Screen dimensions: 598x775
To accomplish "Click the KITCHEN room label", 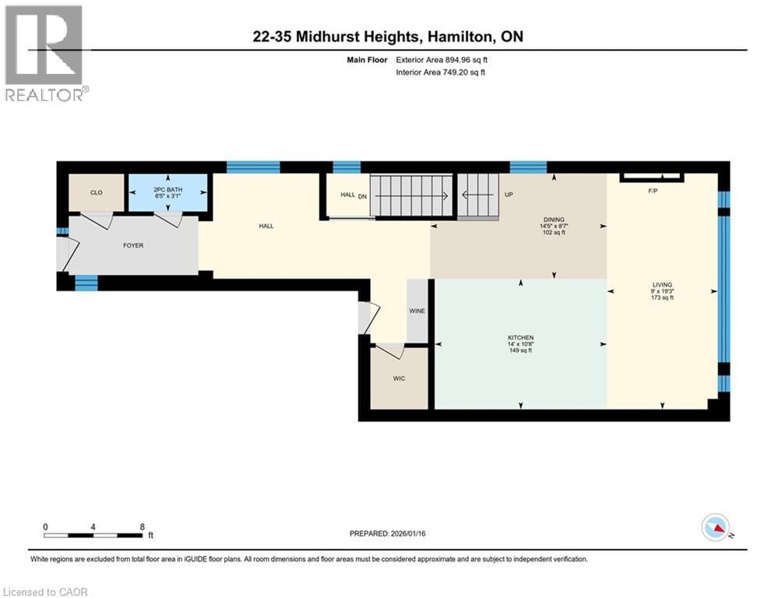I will tap(520, 337).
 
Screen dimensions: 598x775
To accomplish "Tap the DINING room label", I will tap(555, 220).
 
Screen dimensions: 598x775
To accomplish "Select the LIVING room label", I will tap(662, 285).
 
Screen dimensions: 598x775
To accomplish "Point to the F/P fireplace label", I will tap(653, 191).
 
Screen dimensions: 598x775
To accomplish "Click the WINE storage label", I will tap(417, 311).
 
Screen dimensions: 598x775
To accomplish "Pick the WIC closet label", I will tap(399, 378).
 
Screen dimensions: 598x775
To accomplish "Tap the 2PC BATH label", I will tap(168, 189).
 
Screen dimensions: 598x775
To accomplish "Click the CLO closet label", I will tap(97, 192).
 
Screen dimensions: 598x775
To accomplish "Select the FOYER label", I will tap(132, 245).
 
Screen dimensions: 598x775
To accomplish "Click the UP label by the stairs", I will tap(509, 195).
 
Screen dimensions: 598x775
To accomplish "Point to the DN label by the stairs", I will tap(361, 196).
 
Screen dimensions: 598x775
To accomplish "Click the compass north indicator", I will tap(715, 527).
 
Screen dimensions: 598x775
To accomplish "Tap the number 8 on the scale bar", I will tap(142, 526).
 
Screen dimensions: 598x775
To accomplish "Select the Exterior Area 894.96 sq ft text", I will tap(442, 59).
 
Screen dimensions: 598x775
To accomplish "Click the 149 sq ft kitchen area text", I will tap(520, 350).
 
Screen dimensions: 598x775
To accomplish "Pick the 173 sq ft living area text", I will tap(662, 298).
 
